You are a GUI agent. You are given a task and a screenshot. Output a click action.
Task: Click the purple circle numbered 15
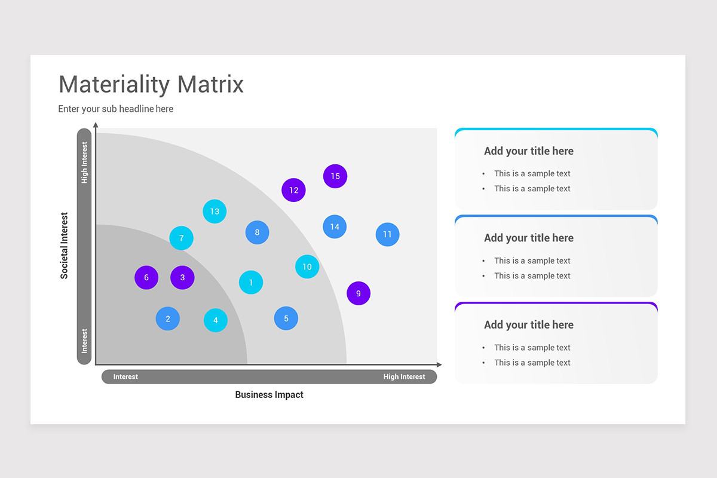335,176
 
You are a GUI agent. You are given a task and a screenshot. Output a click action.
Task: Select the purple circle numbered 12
293,190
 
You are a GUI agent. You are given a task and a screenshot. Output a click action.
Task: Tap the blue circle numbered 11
387,234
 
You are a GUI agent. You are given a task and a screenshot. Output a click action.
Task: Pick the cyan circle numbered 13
215,211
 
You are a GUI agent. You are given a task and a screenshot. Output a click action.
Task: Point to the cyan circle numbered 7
181,238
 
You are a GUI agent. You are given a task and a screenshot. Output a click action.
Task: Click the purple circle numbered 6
146,277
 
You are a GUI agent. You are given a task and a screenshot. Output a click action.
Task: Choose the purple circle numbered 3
182,277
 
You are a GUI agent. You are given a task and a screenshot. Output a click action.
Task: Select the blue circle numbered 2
168,318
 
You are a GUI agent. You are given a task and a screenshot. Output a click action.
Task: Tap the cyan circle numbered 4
216,320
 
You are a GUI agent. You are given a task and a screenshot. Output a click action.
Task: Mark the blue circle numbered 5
286,318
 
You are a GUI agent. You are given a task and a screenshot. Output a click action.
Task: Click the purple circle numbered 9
358,293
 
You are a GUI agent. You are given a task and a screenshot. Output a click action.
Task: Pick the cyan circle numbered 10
307,266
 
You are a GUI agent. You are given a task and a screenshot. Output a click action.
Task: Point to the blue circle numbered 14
335,226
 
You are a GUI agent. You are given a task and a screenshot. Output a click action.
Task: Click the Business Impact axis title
269,394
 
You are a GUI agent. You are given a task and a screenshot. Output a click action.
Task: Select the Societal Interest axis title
65,246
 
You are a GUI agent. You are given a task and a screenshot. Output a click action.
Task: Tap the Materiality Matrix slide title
151,84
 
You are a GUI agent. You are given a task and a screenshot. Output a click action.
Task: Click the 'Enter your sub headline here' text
116,109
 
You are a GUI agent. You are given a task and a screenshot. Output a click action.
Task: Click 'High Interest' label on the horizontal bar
404,376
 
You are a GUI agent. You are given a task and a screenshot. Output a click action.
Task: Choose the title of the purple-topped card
528,324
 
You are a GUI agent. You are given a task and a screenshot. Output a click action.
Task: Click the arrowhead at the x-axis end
439,364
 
